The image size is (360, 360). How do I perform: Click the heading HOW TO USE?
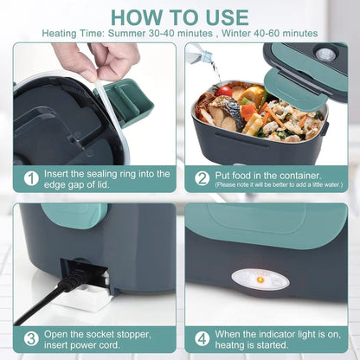tap(179, 16)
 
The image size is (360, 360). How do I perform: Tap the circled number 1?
tap(31, 178)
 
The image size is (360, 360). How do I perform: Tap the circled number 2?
tap(202, 177)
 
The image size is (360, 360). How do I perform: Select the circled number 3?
tap(31, 337)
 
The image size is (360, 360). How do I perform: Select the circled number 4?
tap(202, 337)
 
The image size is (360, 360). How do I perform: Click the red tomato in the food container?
tap(226, 91)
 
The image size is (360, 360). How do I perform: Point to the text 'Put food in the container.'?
tap(262, 174)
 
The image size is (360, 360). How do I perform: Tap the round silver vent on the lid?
tap(325, 54)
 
